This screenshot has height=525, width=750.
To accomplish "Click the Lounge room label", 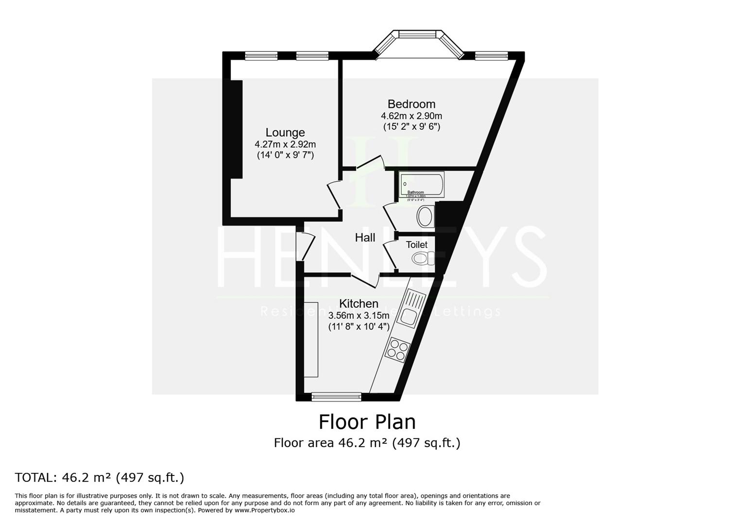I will [285, 133].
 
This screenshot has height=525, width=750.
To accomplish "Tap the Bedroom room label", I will [411, 104].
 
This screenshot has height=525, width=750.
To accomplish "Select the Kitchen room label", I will [358, 304].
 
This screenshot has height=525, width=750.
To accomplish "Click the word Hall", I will [365, 238].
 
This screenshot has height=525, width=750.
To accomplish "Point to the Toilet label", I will [417, 245].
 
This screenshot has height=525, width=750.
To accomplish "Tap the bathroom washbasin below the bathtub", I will [426, 217].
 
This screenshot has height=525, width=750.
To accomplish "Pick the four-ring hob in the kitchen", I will [397, 349].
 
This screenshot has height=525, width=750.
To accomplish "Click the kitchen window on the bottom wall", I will [337, 397].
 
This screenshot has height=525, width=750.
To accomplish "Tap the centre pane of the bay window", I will [418, 34].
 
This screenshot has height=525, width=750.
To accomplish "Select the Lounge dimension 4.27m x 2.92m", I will [285, 144].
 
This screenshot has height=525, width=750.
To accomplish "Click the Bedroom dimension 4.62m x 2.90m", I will [411, 116].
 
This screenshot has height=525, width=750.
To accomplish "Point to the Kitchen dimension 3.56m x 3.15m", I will [358, 315].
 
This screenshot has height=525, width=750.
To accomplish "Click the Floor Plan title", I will [367, 422].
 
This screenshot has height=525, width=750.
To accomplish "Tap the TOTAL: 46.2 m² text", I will [100, 478].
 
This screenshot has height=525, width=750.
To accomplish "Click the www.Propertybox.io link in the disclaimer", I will [264, 510].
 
